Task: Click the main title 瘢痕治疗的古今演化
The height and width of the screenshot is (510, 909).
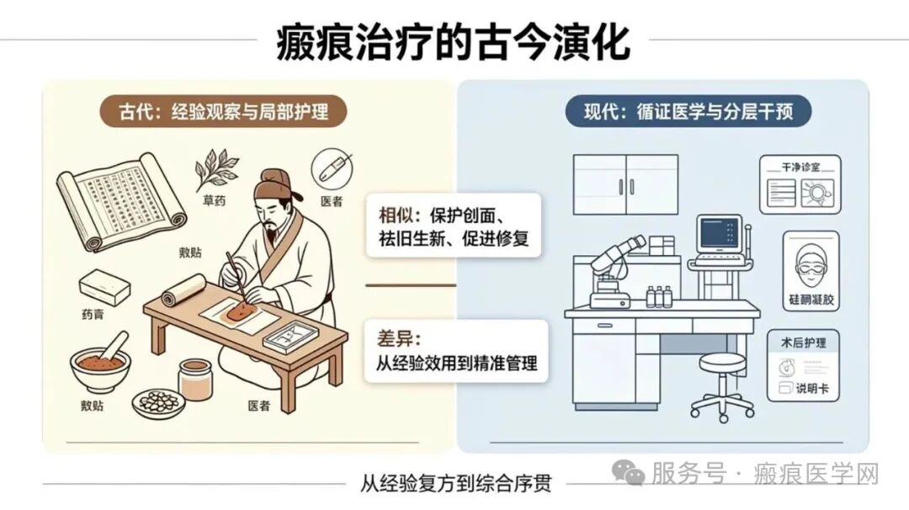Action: click(453, 42)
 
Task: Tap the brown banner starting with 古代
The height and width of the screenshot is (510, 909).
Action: click(223, 111)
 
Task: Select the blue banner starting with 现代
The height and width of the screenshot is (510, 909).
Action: click(688, 111)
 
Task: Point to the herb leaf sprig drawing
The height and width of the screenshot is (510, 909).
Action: click(216, 169)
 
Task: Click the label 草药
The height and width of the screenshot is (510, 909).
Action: click(214, 200)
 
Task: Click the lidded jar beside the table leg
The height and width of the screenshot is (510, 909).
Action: click(194, 380)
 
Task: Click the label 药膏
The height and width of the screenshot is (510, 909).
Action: click(93, 315)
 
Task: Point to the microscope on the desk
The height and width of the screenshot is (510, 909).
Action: click(614, 272)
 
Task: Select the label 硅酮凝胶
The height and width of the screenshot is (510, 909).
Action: click(811, 300)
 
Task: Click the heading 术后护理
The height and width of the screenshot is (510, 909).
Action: click(803, 343)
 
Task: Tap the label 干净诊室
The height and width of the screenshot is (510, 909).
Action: click(800, 167)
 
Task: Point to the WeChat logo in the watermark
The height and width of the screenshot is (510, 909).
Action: click(628, 473)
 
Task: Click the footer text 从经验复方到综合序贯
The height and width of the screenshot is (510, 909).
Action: click(455, 483)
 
